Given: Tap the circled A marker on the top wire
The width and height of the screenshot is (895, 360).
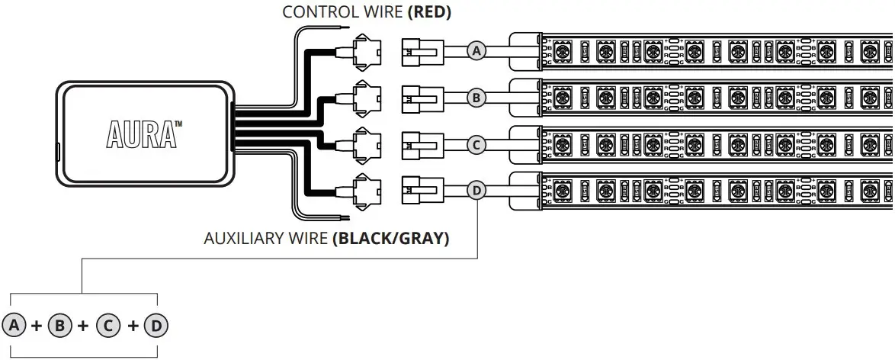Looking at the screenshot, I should [x=476, y=51].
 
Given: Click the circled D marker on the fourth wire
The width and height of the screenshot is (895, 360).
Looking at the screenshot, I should [x=476, y=190].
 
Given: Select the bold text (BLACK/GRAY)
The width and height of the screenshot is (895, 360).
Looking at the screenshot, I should [x=390, y=239].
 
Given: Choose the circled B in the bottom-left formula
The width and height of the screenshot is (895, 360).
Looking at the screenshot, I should [x=59, y=326].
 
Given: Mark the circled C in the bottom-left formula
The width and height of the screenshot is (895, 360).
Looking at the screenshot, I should [x=109, y=326].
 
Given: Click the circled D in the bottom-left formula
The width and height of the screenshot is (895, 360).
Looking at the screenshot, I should [x=156, y=326].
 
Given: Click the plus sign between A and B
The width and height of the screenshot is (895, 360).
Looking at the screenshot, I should [x=37, y=326].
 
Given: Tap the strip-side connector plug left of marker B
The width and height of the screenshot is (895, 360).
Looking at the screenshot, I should [x=419, y=98].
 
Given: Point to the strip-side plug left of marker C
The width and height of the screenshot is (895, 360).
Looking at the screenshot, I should [x=419, y=144].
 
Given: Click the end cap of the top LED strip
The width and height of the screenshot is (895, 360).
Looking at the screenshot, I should [x=525, y=51].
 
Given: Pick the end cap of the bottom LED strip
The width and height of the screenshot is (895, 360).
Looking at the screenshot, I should [x=525, y=190].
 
